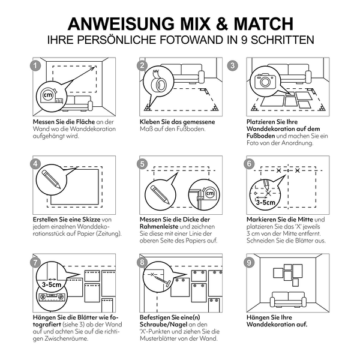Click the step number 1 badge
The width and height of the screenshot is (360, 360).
pos(35,65)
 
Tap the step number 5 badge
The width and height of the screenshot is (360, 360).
pos(142,164)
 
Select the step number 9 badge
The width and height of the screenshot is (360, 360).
pos(249,262)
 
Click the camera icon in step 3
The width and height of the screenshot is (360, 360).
pos(265,81)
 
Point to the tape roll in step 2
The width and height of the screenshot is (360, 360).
pos(158,82)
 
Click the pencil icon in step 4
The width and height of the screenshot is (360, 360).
pos(51,179)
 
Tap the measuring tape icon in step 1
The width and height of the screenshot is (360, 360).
pos(52,97)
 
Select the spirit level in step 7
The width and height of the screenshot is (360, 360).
pos(52,297)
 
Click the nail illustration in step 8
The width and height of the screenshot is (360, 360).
pos(163,280)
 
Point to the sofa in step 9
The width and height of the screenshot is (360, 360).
pos(288,299)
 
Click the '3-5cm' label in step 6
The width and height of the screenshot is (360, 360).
pos(265,202)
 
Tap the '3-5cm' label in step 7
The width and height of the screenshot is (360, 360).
pos(52,284)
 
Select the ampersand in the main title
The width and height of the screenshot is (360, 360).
pos(222,23)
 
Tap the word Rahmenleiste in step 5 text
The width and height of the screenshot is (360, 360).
pos(159,227)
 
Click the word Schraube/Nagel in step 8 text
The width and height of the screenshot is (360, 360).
pos(163,325)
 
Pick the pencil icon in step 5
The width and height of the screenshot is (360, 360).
pos(160,194)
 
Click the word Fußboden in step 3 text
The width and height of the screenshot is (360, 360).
pos(260,136)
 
